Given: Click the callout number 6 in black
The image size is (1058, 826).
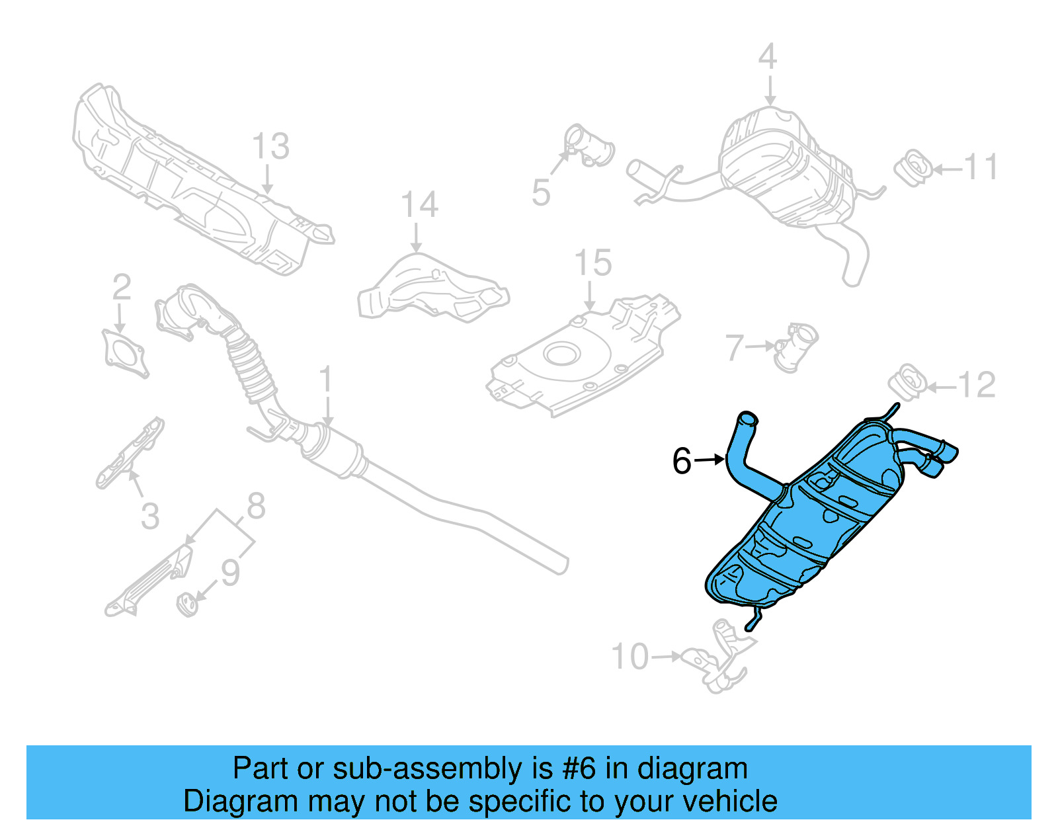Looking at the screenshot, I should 682,461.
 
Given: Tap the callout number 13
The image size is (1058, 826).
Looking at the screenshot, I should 270,146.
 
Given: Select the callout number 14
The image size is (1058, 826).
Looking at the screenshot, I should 419,205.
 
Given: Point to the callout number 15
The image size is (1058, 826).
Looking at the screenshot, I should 593,263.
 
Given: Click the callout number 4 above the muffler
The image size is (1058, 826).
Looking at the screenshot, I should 767,57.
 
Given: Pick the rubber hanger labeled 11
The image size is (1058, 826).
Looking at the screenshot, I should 913,168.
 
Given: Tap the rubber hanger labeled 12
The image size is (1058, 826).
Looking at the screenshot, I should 907,382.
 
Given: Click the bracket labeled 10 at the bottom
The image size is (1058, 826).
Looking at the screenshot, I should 717,658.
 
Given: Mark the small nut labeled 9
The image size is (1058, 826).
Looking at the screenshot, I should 187,603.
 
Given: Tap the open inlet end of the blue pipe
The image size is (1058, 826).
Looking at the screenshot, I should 747,419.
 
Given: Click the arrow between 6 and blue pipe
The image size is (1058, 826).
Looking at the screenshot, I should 710,459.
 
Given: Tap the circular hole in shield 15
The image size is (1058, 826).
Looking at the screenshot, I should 562,354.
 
